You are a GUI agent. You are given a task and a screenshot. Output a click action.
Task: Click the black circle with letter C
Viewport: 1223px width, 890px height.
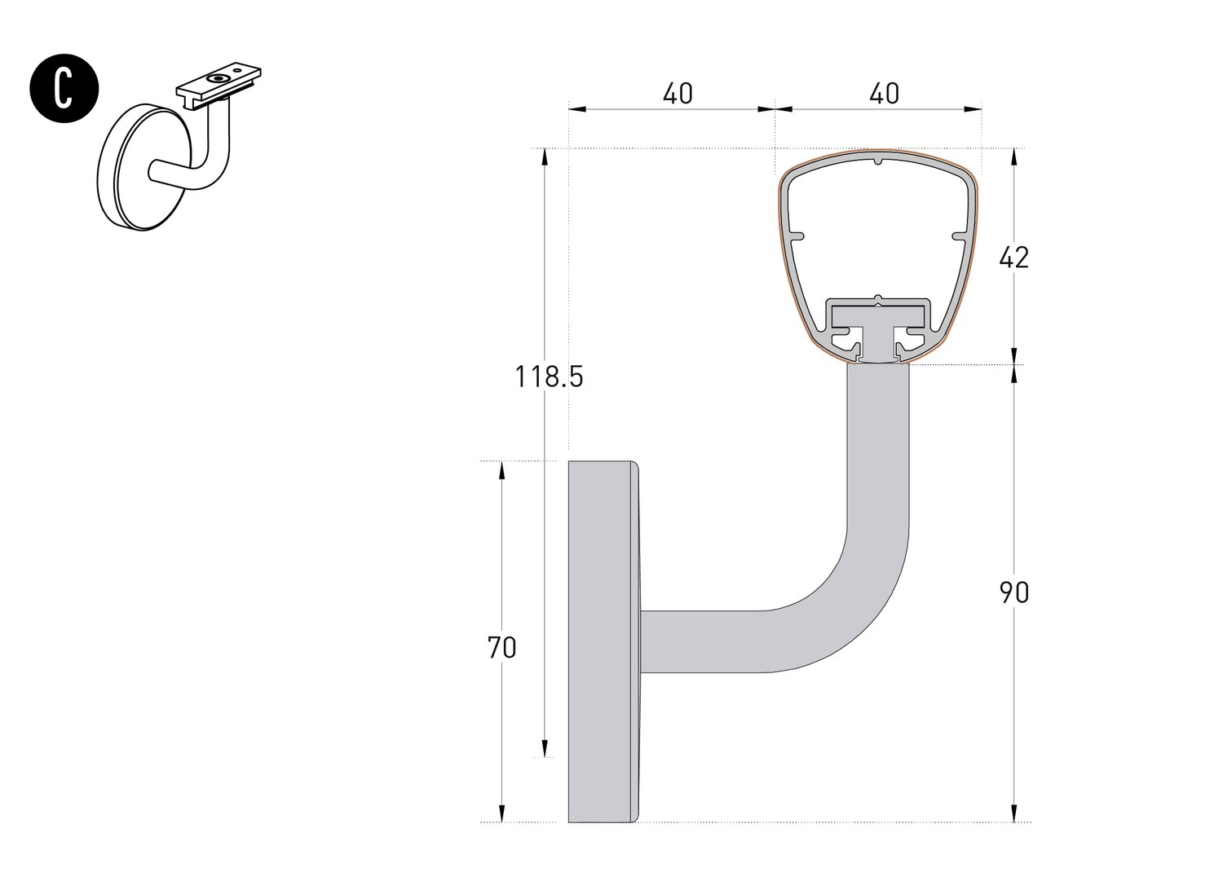64,90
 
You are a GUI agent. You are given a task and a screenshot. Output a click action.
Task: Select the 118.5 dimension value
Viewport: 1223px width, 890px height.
549,377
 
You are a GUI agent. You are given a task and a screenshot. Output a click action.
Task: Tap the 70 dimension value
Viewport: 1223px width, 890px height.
502,648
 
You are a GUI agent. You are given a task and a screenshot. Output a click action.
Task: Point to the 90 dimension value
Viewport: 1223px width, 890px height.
1014,593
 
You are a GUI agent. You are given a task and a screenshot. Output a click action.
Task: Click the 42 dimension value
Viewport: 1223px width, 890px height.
1014,258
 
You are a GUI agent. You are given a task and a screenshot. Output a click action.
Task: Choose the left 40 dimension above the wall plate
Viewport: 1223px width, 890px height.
678,94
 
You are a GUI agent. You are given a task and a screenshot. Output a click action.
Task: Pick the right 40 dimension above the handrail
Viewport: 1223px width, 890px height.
884,94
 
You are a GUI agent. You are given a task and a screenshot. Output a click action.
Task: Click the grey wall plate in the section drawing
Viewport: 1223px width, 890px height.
602,642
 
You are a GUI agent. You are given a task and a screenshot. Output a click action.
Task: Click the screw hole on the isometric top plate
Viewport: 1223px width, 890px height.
218,78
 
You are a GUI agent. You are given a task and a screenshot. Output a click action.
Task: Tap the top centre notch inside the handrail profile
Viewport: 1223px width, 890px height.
878,161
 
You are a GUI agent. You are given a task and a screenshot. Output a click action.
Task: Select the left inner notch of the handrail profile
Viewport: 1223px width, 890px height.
797,237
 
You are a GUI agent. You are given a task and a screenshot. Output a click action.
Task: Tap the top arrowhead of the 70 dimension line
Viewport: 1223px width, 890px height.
501,470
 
